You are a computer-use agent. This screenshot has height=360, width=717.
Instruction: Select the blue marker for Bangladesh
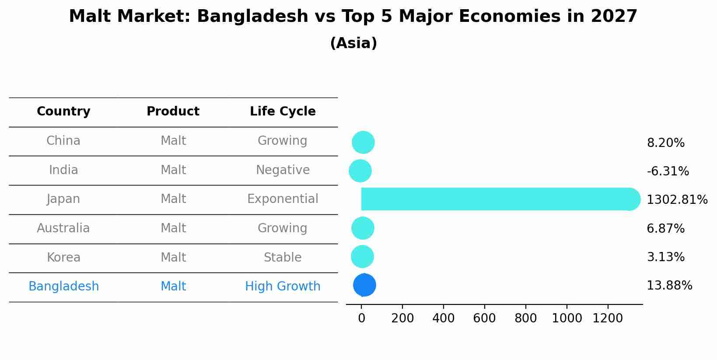pos(364,285)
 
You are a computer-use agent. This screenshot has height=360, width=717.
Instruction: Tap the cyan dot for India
pos(360,171)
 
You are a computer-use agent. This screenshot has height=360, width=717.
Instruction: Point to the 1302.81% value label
pos(677,200)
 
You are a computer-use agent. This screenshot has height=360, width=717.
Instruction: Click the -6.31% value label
pos(668,171)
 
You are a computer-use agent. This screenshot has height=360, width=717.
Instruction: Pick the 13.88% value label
pos(669,286)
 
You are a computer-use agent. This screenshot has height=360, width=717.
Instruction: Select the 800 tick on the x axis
pos(525,318)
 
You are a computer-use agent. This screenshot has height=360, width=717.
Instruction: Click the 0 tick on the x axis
pos(361,318)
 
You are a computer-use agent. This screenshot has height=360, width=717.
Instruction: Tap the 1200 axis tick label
pos(607,318)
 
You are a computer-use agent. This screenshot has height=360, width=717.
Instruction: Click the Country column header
pos(63,112)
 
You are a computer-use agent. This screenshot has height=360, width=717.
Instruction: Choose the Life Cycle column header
pos(283,112)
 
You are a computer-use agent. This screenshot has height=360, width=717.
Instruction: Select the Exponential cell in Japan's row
pos(283,199)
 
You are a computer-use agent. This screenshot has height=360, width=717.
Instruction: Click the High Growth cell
pos(283,287)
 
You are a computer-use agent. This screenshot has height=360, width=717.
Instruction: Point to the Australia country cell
pos(63,228)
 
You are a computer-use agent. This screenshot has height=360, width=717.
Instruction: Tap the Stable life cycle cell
pos(283,258)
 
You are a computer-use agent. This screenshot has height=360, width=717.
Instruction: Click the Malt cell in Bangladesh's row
pos(173,287)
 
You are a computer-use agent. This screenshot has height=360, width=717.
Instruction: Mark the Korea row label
pos(63,258)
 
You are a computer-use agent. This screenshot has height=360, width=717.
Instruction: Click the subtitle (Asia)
pos(353,43)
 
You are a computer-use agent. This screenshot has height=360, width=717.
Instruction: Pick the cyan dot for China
pos(363,142)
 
